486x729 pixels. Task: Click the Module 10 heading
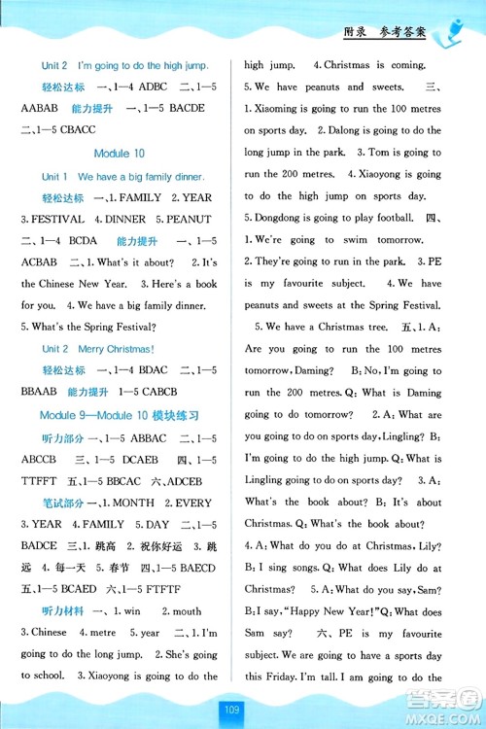click(120, 154)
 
